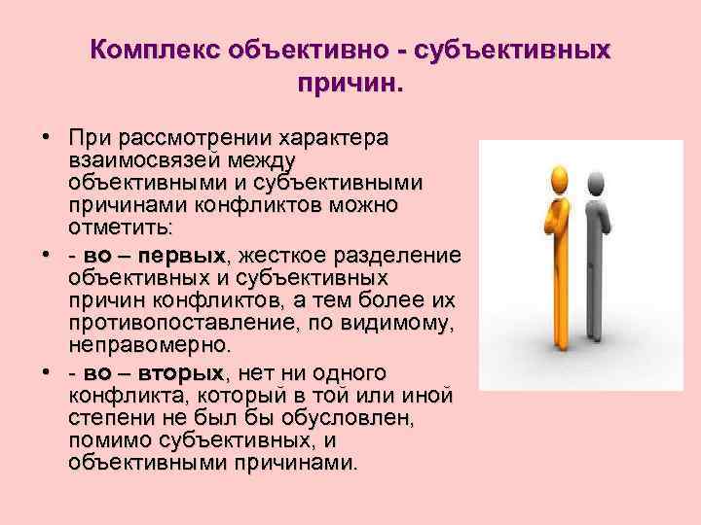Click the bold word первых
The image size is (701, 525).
click(x=182, y=255)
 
